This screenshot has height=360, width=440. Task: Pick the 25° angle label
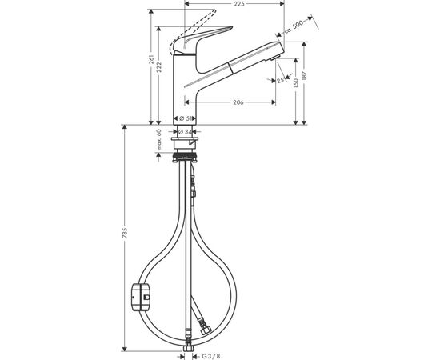tap(281, 80)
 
